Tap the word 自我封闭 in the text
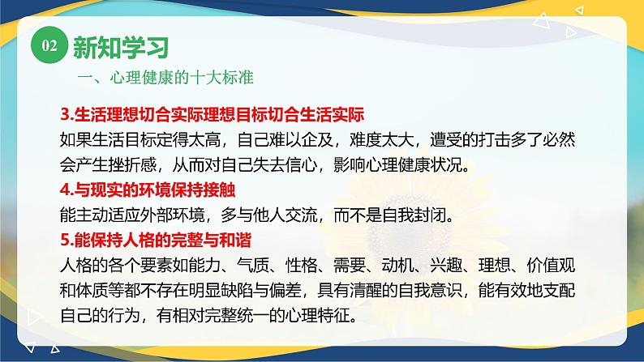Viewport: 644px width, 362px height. pyautogui.click(x=436, y=216)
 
